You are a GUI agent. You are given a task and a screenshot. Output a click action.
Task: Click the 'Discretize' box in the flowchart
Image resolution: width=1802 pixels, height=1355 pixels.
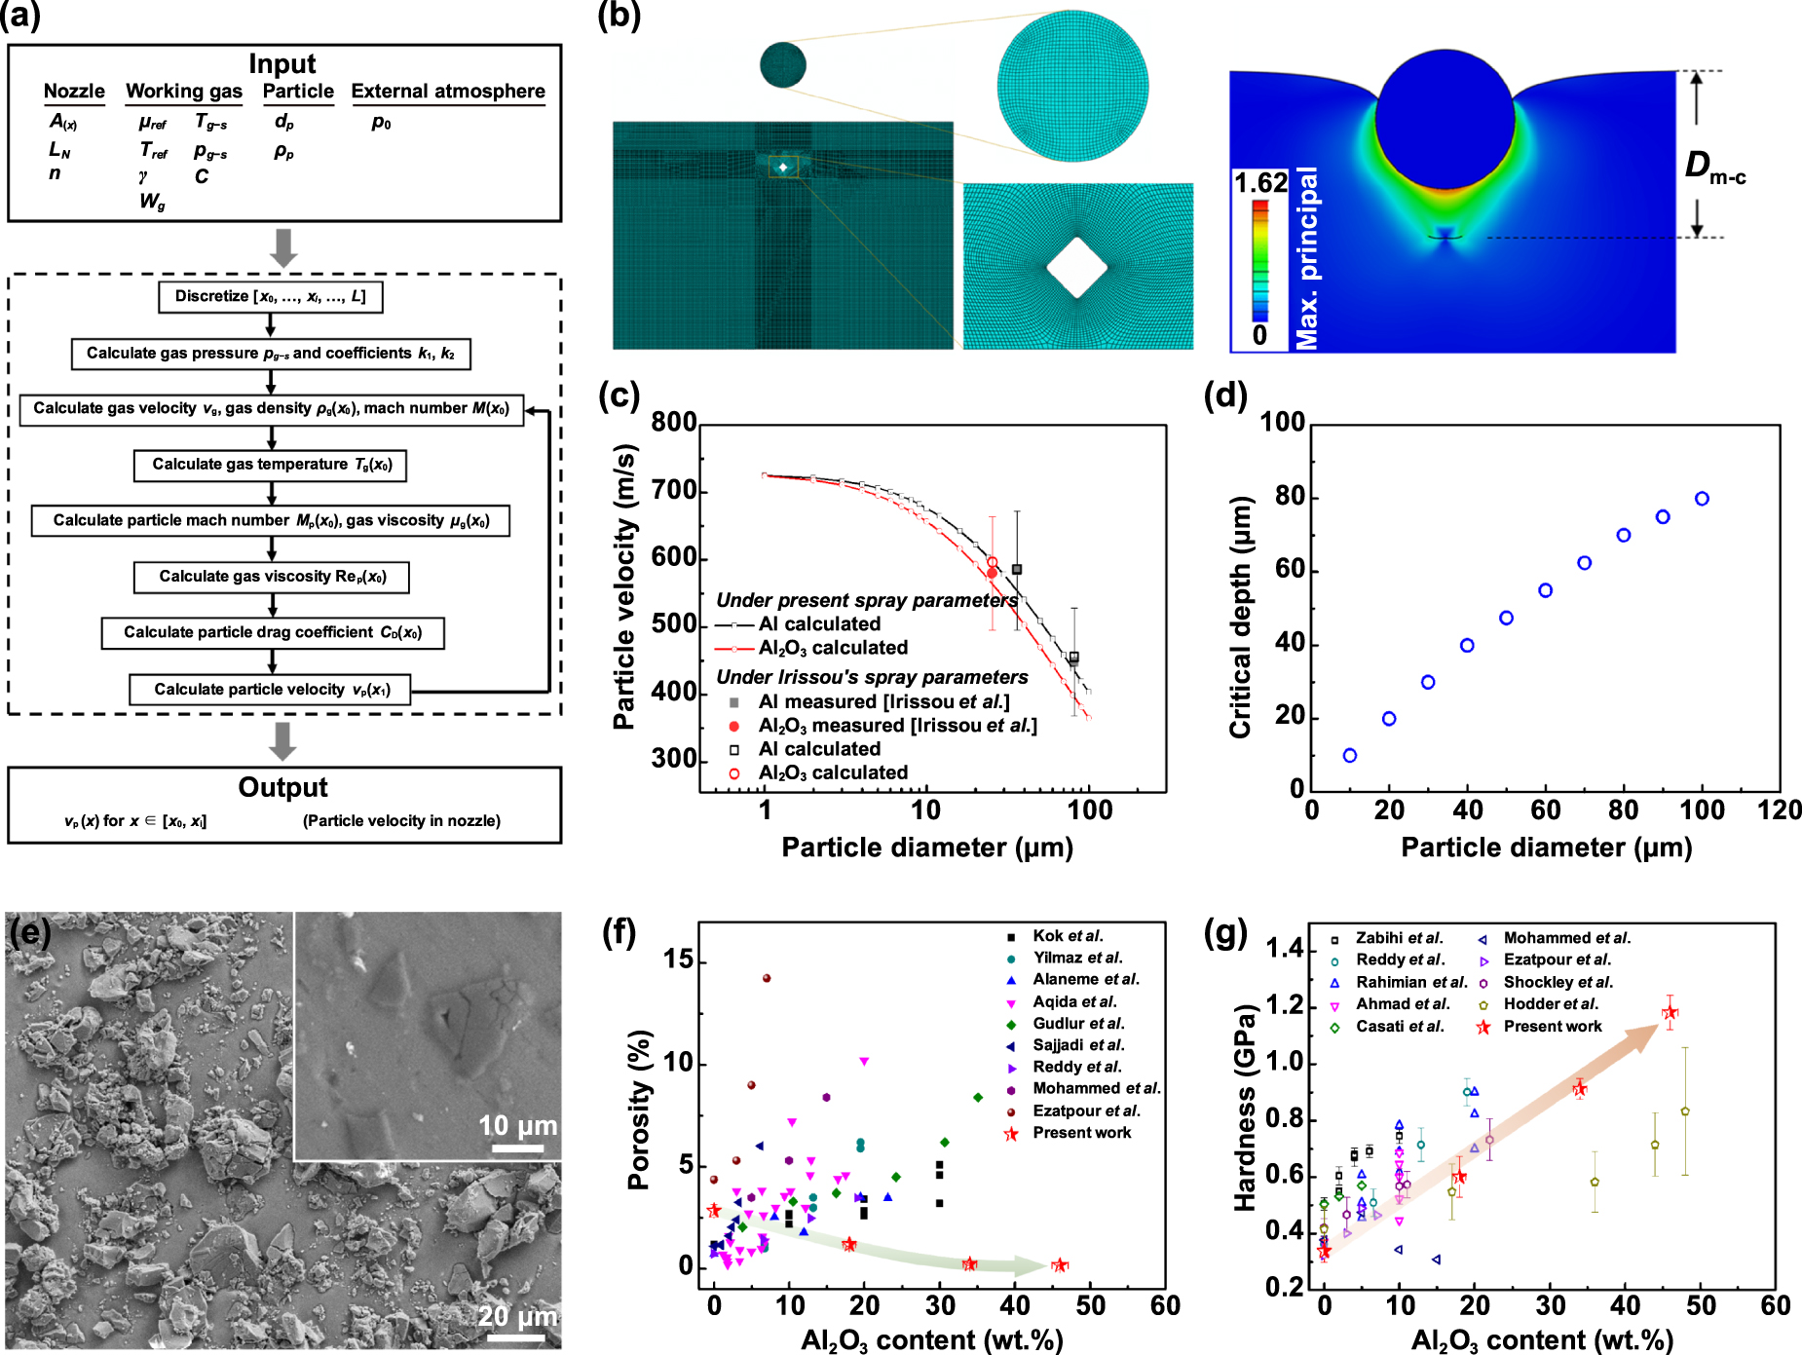point(270,297)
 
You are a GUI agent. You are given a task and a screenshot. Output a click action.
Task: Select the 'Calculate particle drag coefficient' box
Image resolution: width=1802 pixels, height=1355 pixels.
point(273,632)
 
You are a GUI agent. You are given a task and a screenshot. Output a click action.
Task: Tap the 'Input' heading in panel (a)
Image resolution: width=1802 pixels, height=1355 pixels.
point(282,64)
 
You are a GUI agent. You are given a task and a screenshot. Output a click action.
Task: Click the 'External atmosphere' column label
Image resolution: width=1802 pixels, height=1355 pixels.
point(448,92)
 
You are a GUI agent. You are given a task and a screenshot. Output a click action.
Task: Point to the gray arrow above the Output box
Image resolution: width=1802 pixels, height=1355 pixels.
point(283,740)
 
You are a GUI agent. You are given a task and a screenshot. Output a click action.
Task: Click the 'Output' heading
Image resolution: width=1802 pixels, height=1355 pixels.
point(283,787)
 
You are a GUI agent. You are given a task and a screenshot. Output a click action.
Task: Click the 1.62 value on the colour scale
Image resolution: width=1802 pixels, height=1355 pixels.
point(1259,183)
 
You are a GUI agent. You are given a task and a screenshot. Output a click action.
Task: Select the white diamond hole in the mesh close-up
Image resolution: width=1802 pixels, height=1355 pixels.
point(1077,267)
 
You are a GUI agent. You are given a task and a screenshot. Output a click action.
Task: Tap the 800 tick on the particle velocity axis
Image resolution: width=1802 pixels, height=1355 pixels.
point(674,422)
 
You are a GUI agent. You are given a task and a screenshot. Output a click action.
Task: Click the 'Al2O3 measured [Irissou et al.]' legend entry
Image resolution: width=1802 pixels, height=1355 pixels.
point(897,726)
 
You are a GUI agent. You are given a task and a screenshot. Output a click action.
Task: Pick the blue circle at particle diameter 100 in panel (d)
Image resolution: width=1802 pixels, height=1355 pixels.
point(1702,499)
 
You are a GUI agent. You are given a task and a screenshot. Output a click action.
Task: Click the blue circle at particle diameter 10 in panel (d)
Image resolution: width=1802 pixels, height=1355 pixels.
point(1350,755)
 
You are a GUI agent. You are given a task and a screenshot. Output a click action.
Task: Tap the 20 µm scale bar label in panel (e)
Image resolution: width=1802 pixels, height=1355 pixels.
point(517,1316)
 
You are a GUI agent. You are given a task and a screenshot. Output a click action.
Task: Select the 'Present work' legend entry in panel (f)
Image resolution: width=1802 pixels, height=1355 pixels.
point(1081,1133)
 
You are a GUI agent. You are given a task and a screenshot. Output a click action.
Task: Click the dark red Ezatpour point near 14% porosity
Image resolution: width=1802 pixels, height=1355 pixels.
point(767,978)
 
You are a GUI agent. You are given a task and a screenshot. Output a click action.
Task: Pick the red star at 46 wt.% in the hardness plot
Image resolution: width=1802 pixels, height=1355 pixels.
point(1671,1012)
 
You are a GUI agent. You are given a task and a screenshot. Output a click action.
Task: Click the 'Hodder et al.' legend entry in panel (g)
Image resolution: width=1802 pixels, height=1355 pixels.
point(1550,1004)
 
